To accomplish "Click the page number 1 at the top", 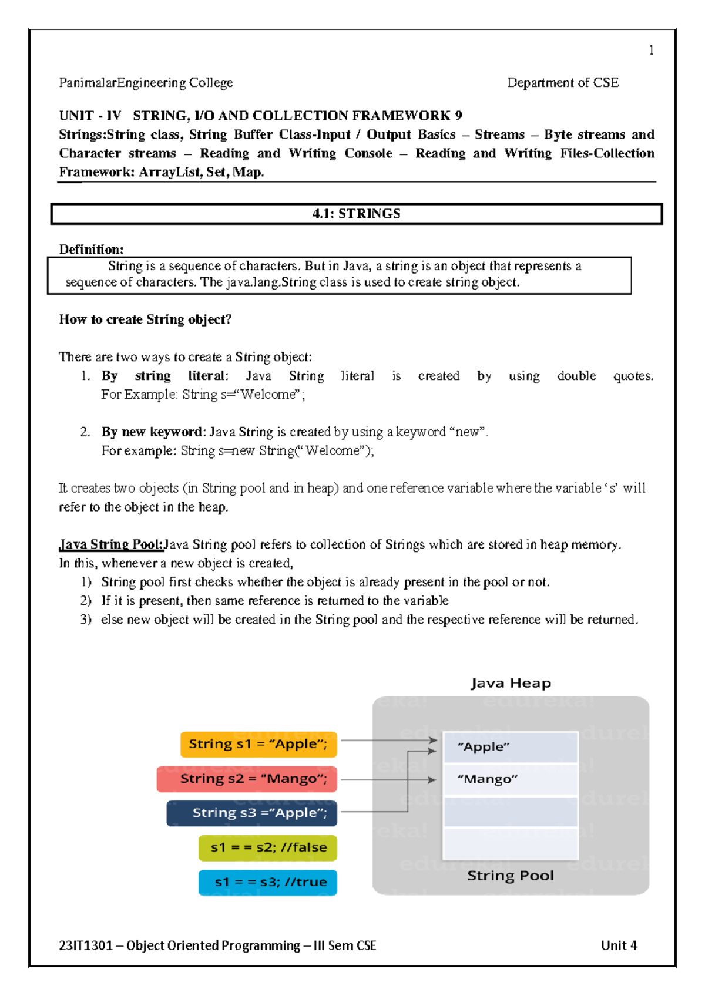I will click(651, 51).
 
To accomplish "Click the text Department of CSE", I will click(562, 83).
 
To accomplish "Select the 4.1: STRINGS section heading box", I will click(356, 214).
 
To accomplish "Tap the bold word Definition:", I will click(91, 249).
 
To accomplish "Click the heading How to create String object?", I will click(145, 319).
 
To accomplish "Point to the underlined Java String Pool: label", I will click(112, 544).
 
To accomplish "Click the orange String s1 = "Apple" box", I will click(258, 744).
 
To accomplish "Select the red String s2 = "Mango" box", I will click(247, 779).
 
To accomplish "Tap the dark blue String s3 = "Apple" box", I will click(252, 813).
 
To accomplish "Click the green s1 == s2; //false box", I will click(268, 847).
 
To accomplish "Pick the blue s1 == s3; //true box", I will click(268, 882).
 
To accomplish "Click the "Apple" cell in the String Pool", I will click(510, 747).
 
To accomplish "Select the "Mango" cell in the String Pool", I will click(510, 779).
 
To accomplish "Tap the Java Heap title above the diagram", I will click(511, 684).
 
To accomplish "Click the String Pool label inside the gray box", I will click(510, 876).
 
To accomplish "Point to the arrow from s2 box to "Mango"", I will click(388, 780).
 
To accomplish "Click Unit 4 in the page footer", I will click(619, 945).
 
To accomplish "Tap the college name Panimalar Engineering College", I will click(146, 83).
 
